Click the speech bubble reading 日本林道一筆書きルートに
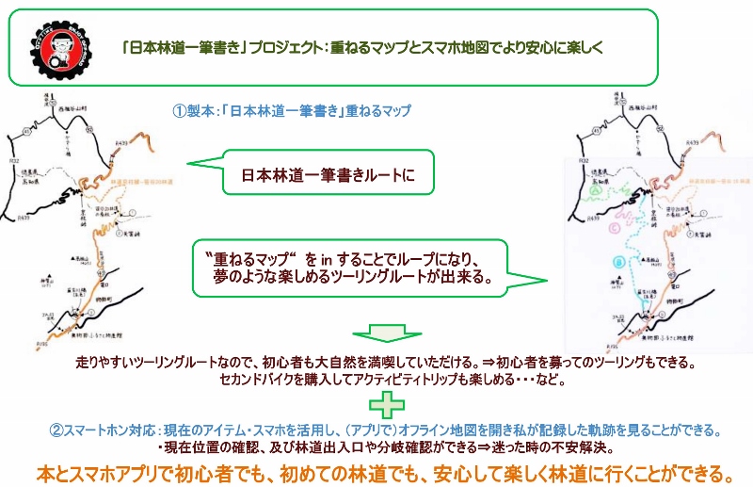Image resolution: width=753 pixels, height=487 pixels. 322,174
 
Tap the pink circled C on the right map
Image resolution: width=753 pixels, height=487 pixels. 615,226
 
